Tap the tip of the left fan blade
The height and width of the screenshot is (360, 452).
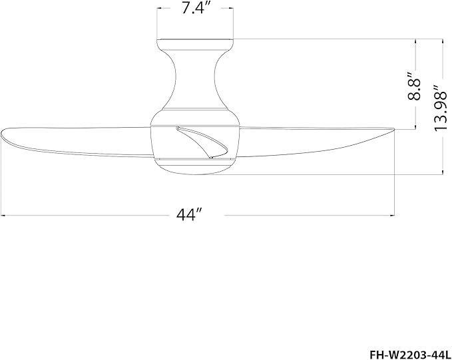[x=1, y=133]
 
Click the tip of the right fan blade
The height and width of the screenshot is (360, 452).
[x=394, y=129]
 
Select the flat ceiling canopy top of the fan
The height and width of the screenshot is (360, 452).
[x=195, y=39]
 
